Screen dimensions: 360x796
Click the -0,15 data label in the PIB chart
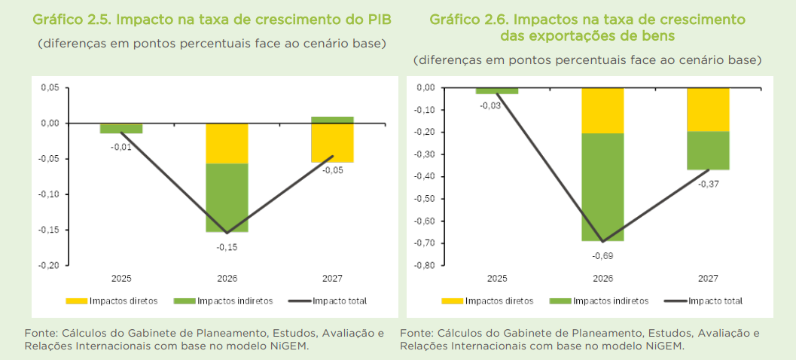tap(227, 246)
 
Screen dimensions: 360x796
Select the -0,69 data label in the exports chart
tap(602, 256)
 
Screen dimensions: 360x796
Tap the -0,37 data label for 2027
tap(707, 184)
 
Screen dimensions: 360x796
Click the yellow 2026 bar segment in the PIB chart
tap(227, 143)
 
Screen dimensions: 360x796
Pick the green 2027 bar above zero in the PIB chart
tap(332, 120)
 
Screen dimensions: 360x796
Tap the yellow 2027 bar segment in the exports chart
tap(707, 109)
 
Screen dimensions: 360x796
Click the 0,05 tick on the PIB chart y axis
tap(50, 87)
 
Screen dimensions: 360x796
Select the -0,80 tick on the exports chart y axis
tap(425, 265)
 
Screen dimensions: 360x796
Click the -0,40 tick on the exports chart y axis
tap(425, 176)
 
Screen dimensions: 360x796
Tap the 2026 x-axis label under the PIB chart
tap(227, 279)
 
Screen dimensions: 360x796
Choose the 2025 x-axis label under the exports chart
tap(497, 279)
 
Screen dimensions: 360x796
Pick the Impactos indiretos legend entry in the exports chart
tap(611, 301)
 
